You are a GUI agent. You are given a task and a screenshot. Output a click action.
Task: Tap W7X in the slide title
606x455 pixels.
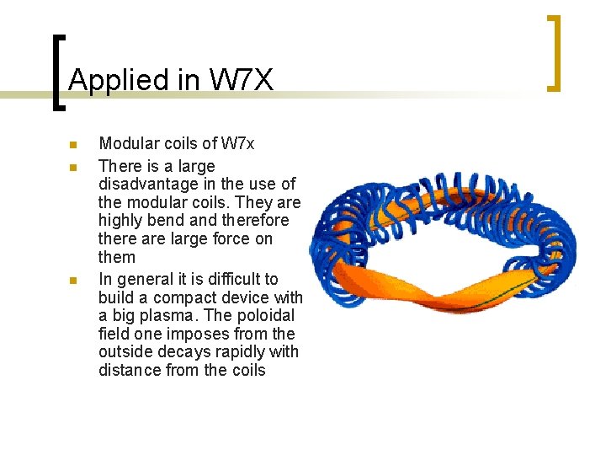tap(241, 80)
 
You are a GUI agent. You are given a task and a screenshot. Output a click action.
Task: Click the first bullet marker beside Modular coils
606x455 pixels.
tap(74, 144)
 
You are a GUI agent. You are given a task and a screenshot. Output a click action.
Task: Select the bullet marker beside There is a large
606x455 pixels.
tap(74, 167)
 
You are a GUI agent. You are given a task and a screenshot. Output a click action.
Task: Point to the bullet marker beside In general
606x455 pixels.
tap(74, 280)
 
